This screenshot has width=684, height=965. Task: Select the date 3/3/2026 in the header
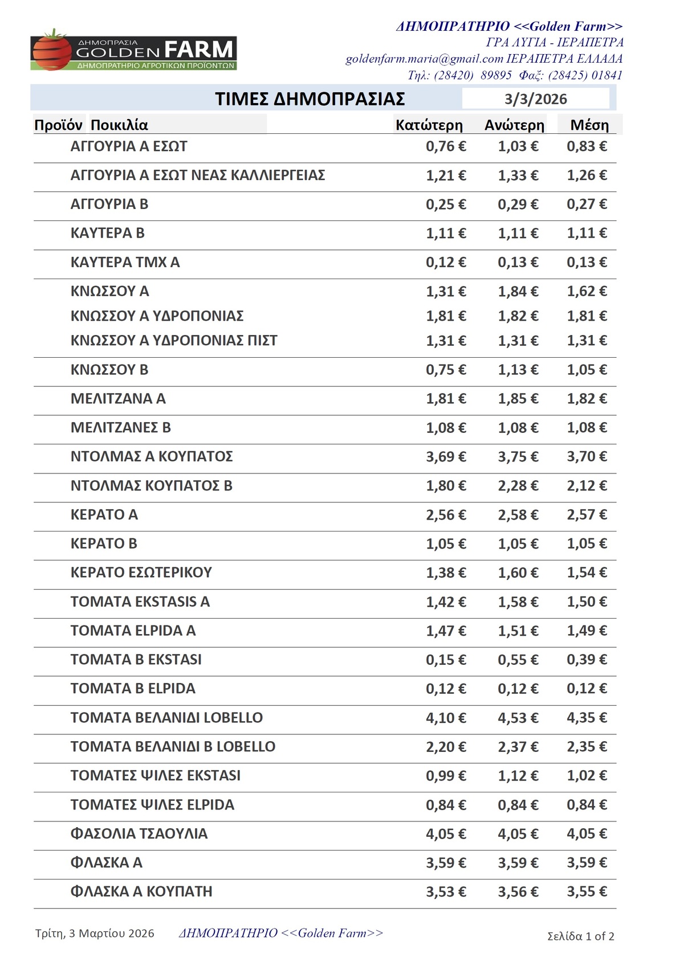535,99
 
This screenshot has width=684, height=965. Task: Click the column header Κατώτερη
429,125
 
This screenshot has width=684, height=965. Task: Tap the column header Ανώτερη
514,125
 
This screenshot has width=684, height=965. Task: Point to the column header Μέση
589,125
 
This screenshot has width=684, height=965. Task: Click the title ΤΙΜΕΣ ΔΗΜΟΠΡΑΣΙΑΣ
310,99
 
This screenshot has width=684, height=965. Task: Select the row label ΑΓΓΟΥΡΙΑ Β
109,204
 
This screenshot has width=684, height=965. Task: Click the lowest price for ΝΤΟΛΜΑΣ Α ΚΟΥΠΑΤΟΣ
446,457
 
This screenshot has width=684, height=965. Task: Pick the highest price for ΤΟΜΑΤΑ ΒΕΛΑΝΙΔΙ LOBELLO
518,718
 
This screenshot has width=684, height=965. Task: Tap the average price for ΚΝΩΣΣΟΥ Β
587,370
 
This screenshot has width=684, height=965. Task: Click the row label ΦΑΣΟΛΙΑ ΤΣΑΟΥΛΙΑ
139,834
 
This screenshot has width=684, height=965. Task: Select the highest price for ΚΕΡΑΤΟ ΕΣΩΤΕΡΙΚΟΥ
518,573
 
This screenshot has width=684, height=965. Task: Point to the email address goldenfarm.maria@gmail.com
424,59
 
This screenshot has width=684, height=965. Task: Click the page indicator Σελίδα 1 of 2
580,936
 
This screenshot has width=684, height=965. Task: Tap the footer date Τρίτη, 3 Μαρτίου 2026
95,933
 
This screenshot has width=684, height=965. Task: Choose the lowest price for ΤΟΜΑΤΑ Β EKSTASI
446,660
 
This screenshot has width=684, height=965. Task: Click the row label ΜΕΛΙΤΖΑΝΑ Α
118,399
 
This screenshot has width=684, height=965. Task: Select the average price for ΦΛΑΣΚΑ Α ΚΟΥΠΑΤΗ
587,892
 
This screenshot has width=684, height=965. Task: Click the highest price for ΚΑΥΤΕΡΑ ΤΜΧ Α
518,263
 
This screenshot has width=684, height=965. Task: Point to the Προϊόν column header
59,125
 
